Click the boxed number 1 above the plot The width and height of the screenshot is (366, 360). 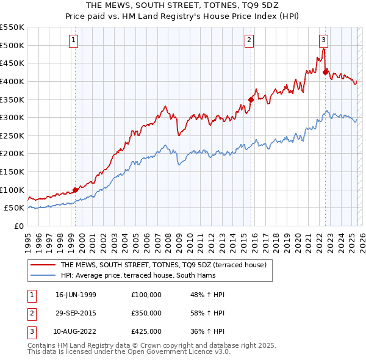[73, 41]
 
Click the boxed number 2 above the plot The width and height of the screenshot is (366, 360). [249, 41]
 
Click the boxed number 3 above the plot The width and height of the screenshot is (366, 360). [323, 41]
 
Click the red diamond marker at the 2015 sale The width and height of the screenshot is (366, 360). [251, 99]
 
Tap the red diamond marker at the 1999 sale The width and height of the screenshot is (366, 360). [76, 190]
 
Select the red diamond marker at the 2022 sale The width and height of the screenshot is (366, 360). [325, 72]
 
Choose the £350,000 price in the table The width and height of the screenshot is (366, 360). [146, 313]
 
